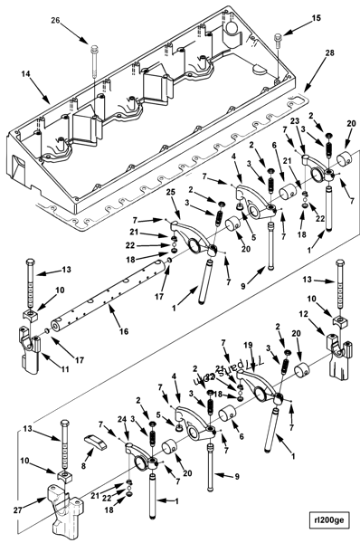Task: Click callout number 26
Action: click(x=55, y=21)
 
